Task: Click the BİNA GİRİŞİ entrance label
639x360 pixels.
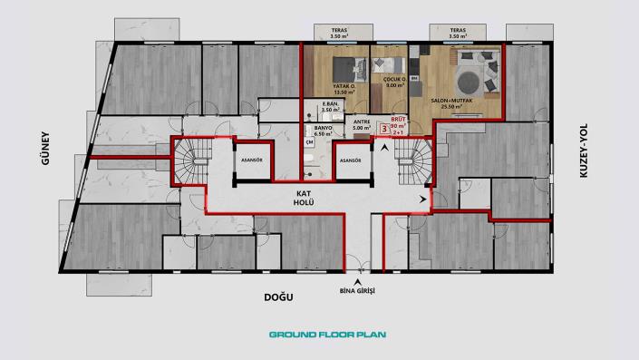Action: pyautogui.click(x=358, y=290)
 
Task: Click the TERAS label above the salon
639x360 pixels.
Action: pyautogui.click(x=458, y=32)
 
